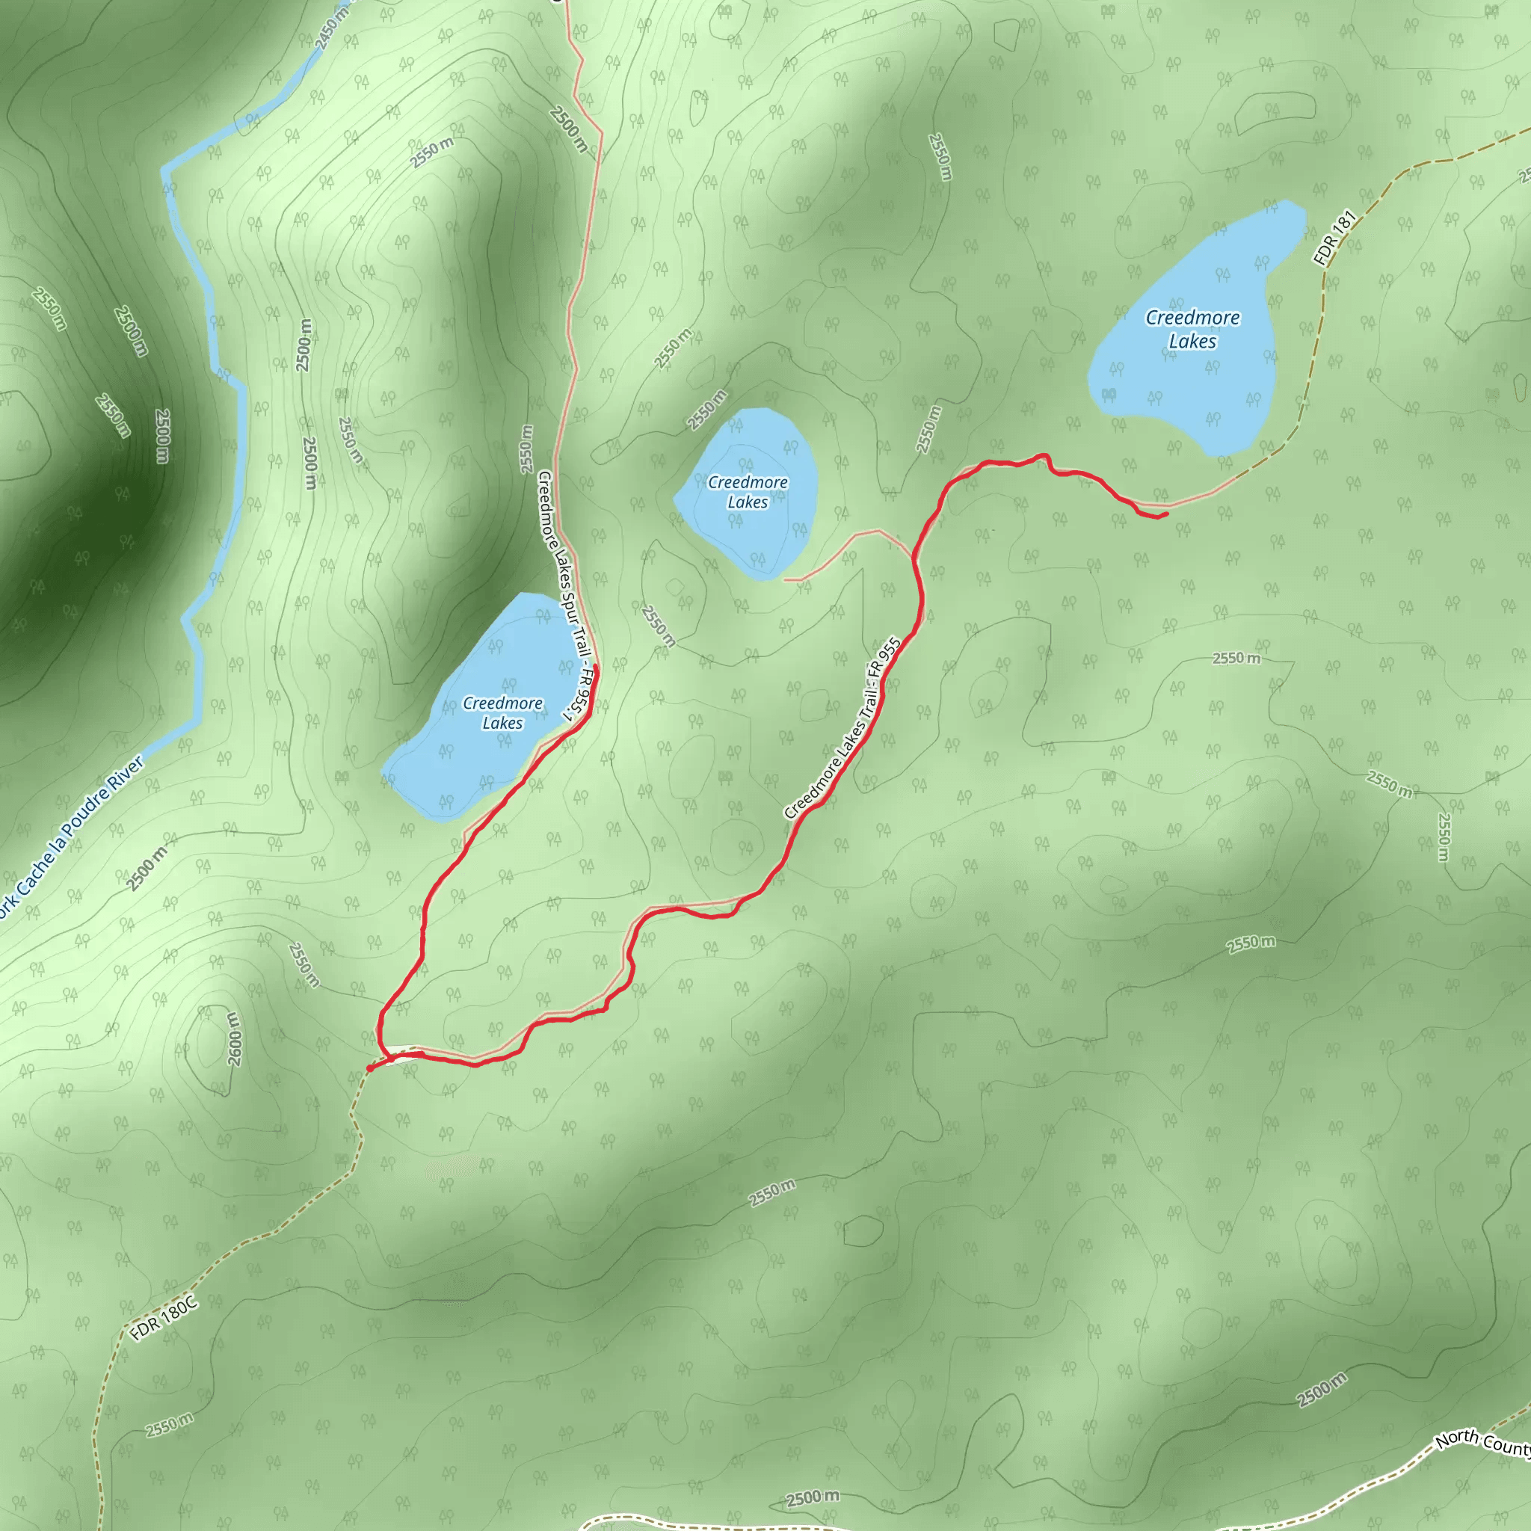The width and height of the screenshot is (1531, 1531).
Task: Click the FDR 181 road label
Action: tap(1335, 238)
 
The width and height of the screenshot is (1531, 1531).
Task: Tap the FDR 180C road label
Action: tap(164, 1319)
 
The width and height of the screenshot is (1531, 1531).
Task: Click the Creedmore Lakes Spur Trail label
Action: tap(564, 594)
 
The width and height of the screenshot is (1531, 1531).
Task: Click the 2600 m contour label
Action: tap(233, 1038)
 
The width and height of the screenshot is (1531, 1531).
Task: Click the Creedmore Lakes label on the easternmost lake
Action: tap(1192, 329)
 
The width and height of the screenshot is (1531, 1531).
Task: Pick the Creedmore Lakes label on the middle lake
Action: tap(748, 492)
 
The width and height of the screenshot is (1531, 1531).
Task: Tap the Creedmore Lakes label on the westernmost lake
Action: tap(502, 712)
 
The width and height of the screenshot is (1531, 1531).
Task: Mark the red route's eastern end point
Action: tap(1167, 514)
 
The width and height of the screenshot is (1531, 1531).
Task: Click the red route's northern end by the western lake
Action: tap(596, 670)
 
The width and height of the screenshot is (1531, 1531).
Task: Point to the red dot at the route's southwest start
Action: tap(370, 1068)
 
